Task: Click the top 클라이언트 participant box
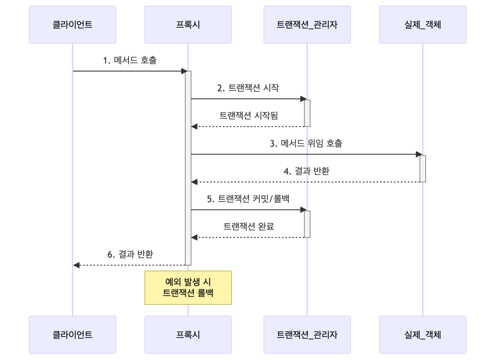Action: (x=72, y=25)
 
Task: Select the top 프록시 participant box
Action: (x=188, y=25)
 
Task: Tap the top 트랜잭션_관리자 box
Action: (x=307, y=25)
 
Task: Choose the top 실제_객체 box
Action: (x=423, y=25)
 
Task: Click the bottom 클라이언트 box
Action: (x=72, y=335)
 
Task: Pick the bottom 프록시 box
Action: (x=188, y=335)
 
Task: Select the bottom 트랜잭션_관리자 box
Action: (x=307, y=335)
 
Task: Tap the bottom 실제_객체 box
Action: (x=423, y=335)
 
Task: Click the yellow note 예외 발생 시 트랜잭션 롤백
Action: (x=188, y=288)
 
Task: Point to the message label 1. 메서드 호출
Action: (x=130, y=60)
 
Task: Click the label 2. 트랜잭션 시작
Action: (x=248, y=88)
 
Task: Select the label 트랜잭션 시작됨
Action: (x=249, y=116)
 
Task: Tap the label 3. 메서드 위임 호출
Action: (x=306, y=143)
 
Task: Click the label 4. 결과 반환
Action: (x=306, y=171)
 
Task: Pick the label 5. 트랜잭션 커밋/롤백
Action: (x=248, y=199)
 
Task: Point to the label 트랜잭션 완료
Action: (x=249, y=226)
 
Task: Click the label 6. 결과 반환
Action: (x=130, y=254)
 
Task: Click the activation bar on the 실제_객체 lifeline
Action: (x=423, y=168)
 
